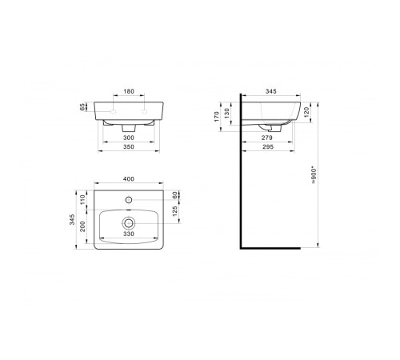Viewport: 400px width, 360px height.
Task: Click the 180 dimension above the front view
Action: pyautogui.click(x=129, y=91)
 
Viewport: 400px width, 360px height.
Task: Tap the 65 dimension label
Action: pyautogui.click(x=82, y=107)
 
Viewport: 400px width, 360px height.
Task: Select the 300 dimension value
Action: pyautogui.click(x=129, y=138)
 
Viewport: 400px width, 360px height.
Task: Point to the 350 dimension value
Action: pyautogui.click(x=129, y=146)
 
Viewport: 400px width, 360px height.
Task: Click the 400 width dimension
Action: pyautogui.click(x=129, y=179)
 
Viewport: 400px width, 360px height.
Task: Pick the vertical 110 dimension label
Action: pyautogui.click(x=82, y=199)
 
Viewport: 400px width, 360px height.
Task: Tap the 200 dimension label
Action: pyautogui.click(x=82, y=226)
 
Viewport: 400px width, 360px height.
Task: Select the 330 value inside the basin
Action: pyautogui.click(x=129, y=234)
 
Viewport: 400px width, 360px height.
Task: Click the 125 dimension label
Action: pyautogui.click(x=175, y=211)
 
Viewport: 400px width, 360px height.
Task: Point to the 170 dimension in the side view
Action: pyautogui.click(x=217, y=117)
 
